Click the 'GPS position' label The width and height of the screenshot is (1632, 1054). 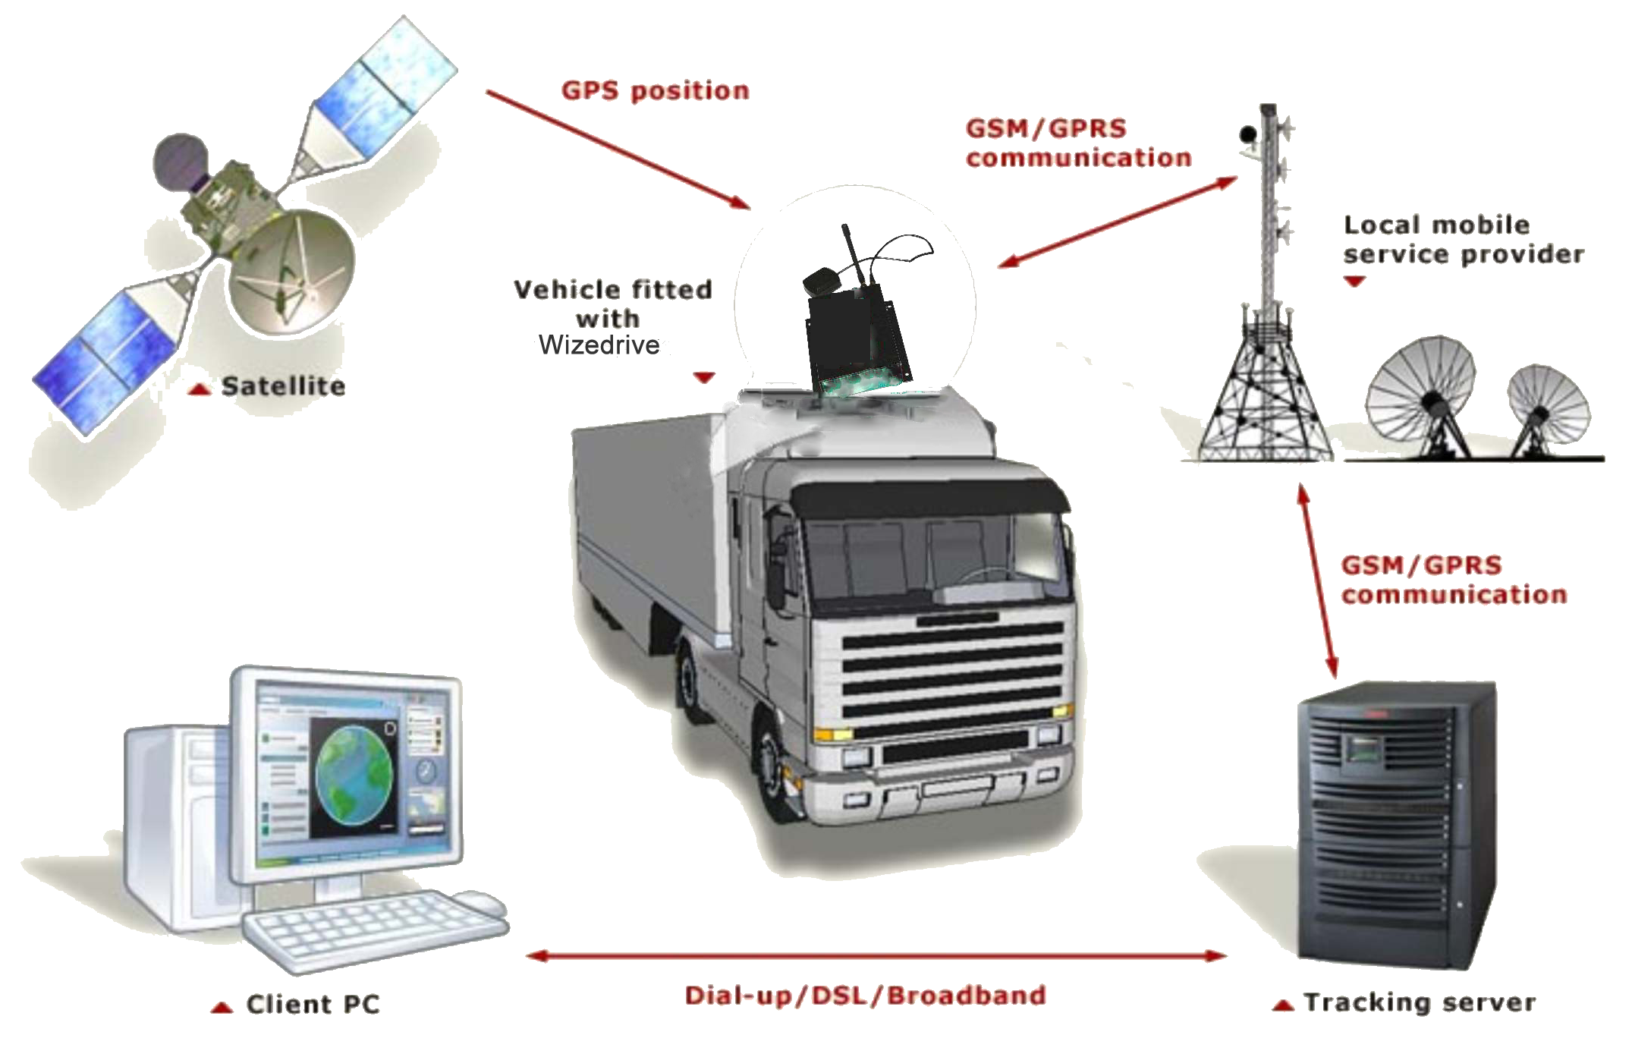[x=655, y=91]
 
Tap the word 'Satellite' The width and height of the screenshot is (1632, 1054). [x=283, y=386]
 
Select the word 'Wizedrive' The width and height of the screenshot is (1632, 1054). [x=599, y=345]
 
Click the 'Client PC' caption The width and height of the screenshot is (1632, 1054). [x=313, y=1004]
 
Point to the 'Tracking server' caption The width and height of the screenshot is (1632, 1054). [x=1420, y=1002]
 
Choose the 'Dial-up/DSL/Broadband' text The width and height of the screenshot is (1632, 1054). [x=865, y=996]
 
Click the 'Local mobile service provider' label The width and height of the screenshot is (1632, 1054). [x=1464, y=239]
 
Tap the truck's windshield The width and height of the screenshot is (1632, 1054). [x=933, y=558]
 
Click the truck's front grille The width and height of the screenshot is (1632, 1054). [x=952, y=679]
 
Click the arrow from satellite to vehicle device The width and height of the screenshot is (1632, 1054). [x=618, y=149]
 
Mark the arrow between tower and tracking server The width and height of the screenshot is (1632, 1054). [x=1320, y=580]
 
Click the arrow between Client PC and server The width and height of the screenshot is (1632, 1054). [x=876, y=955]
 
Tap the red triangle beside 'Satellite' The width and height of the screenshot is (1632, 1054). [x=200, y=389]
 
